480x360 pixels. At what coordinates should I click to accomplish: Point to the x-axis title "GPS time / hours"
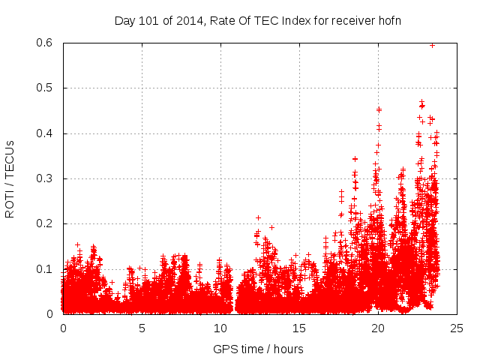tap(258, 349)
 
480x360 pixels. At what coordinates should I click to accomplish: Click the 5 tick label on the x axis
tap(142, 328)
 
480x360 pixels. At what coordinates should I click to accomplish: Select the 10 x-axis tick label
tap(220, 328)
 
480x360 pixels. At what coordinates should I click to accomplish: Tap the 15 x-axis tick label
tap(299, 328)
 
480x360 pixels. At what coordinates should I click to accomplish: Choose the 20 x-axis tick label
tap(378, 328)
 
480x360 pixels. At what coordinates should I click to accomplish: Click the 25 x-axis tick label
tap(457, 328)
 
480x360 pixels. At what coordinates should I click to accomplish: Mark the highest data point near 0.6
tap(432, 45)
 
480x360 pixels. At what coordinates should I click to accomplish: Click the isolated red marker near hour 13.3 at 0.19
tap(272, 226)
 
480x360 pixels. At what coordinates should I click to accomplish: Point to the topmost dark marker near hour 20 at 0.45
tap(379, 109)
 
